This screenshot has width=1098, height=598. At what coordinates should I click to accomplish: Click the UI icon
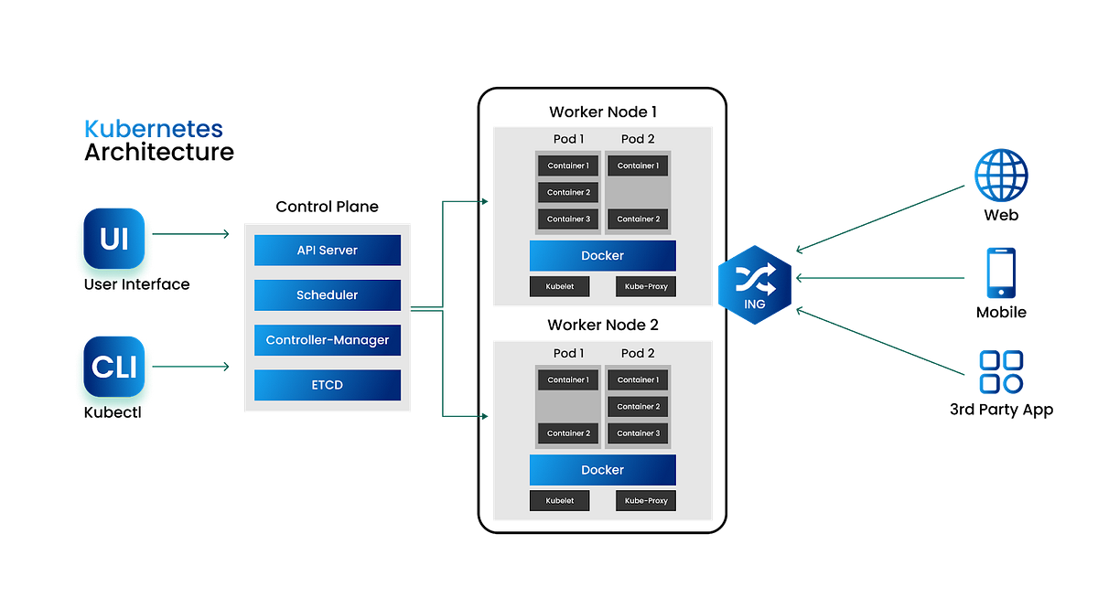click(114, 239)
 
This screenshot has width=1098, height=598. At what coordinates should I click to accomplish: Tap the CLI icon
click(114, 367)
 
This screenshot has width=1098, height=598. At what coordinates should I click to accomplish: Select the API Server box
click(328, 251)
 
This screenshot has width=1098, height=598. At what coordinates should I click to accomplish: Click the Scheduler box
click(328, 295)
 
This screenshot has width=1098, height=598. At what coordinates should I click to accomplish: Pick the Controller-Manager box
click(328, 340)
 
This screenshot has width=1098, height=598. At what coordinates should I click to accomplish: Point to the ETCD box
click(328, 385)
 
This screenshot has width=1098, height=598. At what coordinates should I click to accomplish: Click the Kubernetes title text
click(154, 129)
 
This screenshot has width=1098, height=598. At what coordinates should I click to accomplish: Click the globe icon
click(1001, 175)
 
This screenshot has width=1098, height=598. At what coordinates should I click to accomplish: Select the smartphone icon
click(1001, 272)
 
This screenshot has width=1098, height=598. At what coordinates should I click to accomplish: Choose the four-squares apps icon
click(1001, 372)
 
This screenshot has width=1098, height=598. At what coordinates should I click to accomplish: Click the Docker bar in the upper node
click(602, 256)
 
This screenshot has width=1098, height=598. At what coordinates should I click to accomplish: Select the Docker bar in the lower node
click(602, 470)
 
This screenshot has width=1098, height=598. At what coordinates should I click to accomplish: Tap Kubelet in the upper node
click(559, 287)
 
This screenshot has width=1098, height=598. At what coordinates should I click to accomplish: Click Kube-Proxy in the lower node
click(645, 501)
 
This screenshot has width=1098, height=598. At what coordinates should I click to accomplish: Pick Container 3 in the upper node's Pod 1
click(568, 219)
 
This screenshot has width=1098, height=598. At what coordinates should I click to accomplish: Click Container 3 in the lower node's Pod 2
click(638, 433)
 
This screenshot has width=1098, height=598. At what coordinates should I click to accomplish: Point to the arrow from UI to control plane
click(192, 235)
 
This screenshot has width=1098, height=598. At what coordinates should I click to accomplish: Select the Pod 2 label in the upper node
click(638, 139)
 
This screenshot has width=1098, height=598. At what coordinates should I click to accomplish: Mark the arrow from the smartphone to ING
click(878, 278)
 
